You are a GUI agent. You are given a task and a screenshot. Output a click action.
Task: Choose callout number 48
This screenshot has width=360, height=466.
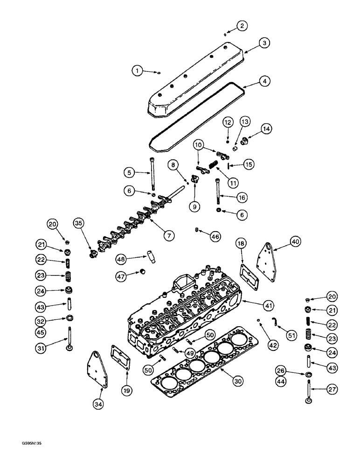[121, 259]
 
